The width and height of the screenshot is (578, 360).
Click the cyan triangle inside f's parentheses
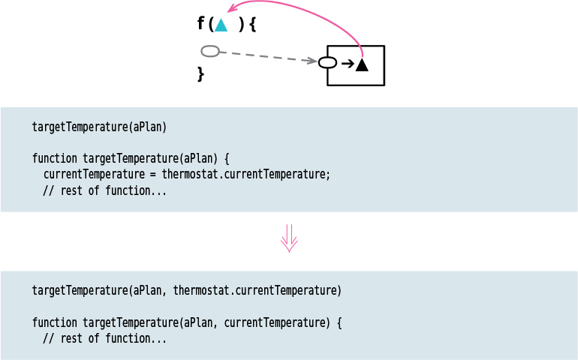click(221, 25)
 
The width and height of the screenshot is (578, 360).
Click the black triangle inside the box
click(362, 65)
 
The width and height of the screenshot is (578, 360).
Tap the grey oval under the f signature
click(210, 51)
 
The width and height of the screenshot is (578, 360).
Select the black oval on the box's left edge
click(327, 62)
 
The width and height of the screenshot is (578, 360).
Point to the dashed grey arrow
click(266, 56)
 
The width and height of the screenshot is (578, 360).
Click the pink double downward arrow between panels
click(289, 238)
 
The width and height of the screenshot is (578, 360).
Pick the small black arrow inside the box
click(348, 64)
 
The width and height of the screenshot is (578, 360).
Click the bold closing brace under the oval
click(200, 73)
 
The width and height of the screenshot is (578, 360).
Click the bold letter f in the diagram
click(200, 24)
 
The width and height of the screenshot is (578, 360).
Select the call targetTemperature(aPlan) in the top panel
click(99, 127)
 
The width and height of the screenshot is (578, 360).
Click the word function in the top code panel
click(55, 159)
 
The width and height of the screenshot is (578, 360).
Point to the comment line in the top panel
click(104, 190)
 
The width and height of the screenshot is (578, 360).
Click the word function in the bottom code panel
click(55, 322)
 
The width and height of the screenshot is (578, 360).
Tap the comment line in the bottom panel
click(104, 338)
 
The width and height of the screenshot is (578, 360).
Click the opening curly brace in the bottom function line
click(339, 322)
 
